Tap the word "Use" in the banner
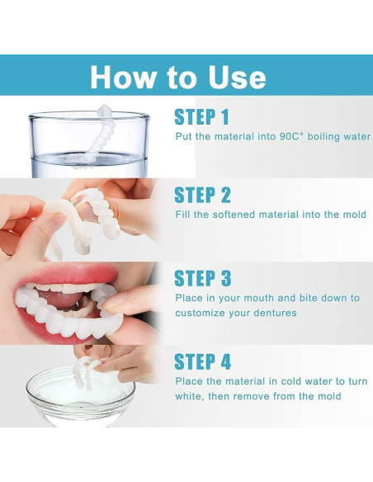237,77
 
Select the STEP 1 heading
201,117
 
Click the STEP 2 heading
202,195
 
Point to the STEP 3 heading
202,278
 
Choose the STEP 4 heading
202,361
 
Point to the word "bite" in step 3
308,298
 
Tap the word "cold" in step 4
291,381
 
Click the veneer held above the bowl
83,371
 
